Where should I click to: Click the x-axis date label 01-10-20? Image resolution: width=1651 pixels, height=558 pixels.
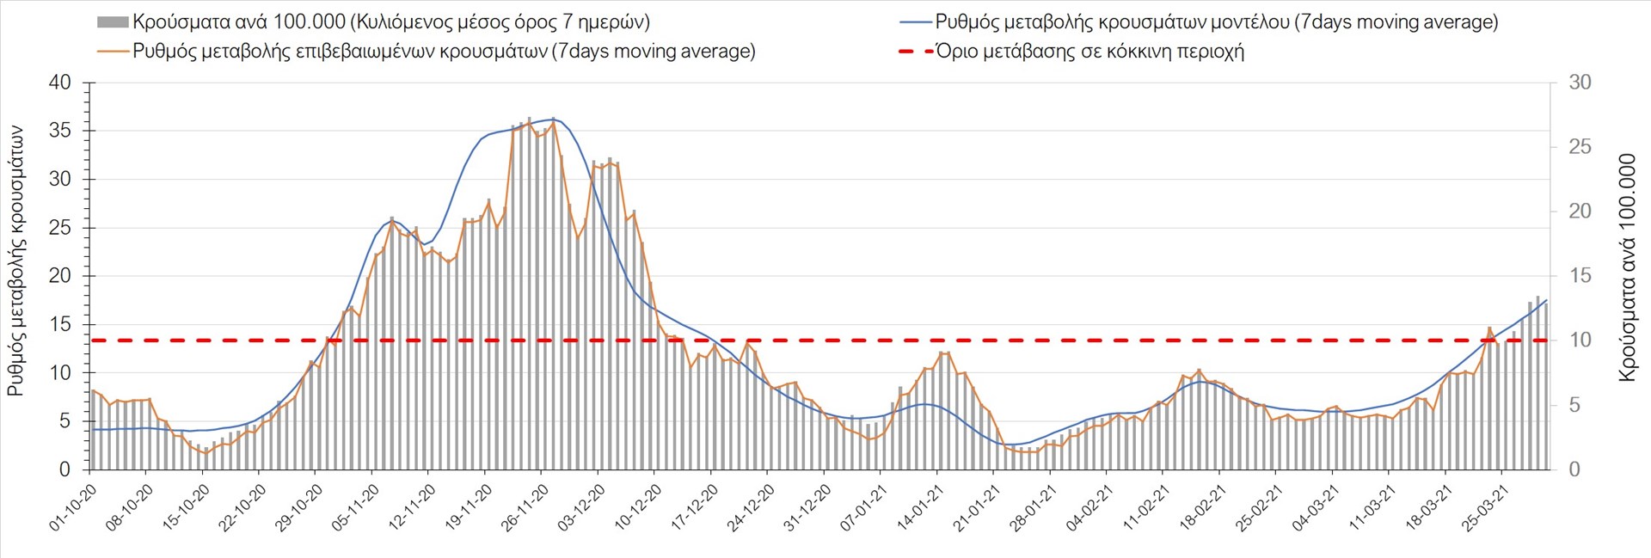72,507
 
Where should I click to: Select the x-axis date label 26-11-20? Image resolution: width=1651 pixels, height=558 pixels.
525,507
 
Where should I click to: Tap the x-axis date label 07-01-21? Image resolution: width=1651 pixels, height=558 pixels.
863,507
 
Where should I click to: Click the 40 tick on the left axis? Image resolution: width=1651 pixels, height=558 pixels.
60,83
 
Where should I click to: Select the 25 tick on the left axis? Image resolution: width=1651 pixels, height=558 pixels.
60,229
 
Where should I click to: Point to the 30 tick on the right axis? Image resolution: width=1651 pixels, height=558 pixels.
1580,83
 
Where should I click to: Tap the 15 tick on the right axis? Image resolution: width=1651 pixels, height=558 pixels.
1580,276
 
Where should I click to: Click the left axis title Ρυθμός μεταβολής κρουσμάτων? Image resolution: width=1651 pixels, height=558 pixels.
15,261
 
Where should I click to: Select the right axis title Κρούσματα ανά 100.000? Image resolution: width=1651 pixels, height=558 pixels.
1627,267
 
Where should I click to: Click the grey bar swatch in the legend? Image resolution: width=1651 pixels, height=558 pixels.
113,22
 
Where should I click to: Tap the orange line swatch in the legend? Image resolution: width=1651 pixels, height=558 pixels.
113,52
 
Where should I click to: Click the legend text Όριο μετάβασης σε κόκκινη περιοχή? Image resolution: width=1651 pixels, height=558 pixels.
1089,52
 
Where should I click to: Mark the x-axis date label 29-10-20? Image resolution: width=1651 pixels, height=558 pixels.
298,507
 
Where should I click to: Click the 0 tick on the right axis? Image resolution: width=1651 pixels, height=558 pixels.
1574,469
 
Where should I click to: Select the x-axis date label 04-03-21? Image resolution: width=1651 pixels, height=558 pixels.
1316,507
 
